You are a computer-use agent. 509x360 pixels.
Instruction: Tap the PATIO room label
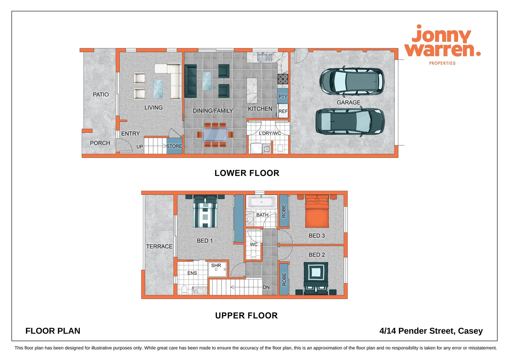(x=101, y=95)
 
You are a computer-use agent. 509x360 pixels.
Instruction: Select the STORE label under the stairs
(x=174, y=146)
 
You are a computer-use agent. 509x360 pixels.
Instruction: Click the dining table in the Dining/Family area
(x=215, y=135)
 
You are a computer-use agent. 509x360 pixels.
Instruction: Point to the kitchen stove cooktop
(x=283, y=79)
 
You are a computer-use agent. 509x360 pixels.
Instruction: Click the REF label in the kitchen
(x=283, y=111)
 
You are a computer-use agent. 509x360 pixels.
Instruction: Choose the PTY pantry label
(x=283, y=96)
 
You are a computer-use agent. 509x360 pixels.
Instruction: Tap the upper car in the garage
(x=352, y=81)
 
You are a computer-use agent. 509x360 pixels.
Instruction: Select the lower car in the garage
(x=350, y=122)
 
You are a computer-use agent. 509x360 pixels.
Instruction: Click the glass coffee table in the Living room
(x=158, y=89)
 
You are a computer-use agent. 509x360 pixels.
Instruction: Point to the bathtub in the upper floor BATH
(x=261, y=202)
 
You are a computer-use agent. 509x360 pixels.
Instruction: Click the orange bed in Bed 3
(x=317, y=212)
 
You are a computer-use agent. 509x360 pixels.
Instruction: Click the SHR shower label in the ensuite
(x=216, y=266)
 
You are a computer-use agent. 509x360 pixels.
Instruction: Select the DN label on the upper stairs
(x=266, y=287)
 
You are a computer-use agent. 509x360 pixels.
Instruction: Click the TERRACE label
(x=159, y=247)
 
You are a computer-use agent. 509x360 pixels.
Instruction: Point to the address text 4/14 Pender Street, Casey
(x=431, y=331)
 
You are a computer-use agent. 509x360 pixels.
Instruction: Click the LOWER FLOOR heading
(x=247, y=173)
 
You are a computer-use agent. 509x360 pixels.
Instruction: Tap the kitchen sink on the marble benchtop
(x=265, y=58)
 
